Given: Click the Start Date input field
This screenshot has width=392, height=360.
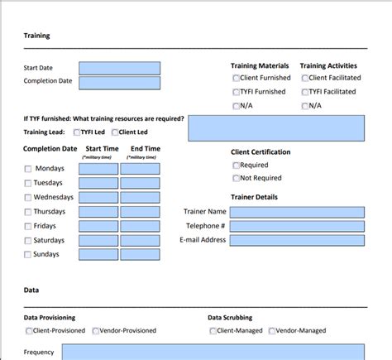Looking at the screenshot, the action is [120, 68].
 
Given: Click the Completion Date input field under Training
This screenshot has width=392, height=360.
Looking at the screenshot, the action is [120, 82].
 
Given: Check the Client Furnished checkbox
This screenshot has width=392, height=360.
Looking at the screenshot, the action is [237, 79].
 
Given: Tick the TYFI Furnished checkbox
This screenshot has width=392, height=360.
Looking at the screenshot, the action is [237, 92].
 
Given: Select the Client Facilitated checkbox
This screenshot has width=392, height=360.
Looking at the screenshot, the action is [305, 79].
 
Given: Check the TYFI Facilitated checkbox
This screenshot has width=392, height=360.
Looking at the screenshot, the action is [305, 92].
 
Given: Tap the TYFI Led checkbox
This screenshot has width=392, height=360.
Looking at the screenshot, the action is [77, 132].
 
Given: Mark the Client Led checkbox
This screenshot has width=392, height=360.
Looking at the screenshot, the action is [115, 132].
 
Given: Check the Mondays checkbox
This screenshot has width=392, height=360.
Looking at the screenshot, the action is [28, 169].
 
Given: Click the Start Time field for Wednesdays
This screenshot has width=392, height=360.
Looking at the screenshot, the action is [98, 198].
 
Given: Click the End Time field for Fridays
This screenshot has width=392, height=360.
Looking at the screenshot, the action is [140, 226].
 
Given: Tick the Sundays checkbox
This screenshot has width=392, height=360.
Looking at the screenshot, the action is [28, 255].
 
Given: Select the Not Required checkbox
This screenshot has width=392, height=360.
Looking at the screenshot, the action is [237, 178].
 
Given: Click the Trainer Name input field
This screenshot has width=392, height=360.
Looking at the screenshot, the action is [297, 212].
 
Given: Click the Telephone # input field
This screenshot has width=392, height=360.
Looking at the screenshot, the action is [297, 226].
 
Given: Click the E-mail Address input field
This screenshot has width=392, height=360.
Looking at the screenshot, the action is [297, 240].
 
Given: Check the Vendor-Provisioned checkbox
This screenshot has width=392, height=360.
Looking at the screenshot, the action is [96, 331].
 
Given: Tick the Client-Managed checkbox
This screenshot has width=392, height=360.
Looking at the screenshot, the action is [213, 331].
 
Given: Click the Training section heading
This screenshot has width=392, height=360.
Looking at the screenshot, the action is [36, 36].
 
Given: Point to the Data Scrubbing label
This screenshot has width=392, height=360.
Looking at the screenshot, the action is [230, 318].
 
